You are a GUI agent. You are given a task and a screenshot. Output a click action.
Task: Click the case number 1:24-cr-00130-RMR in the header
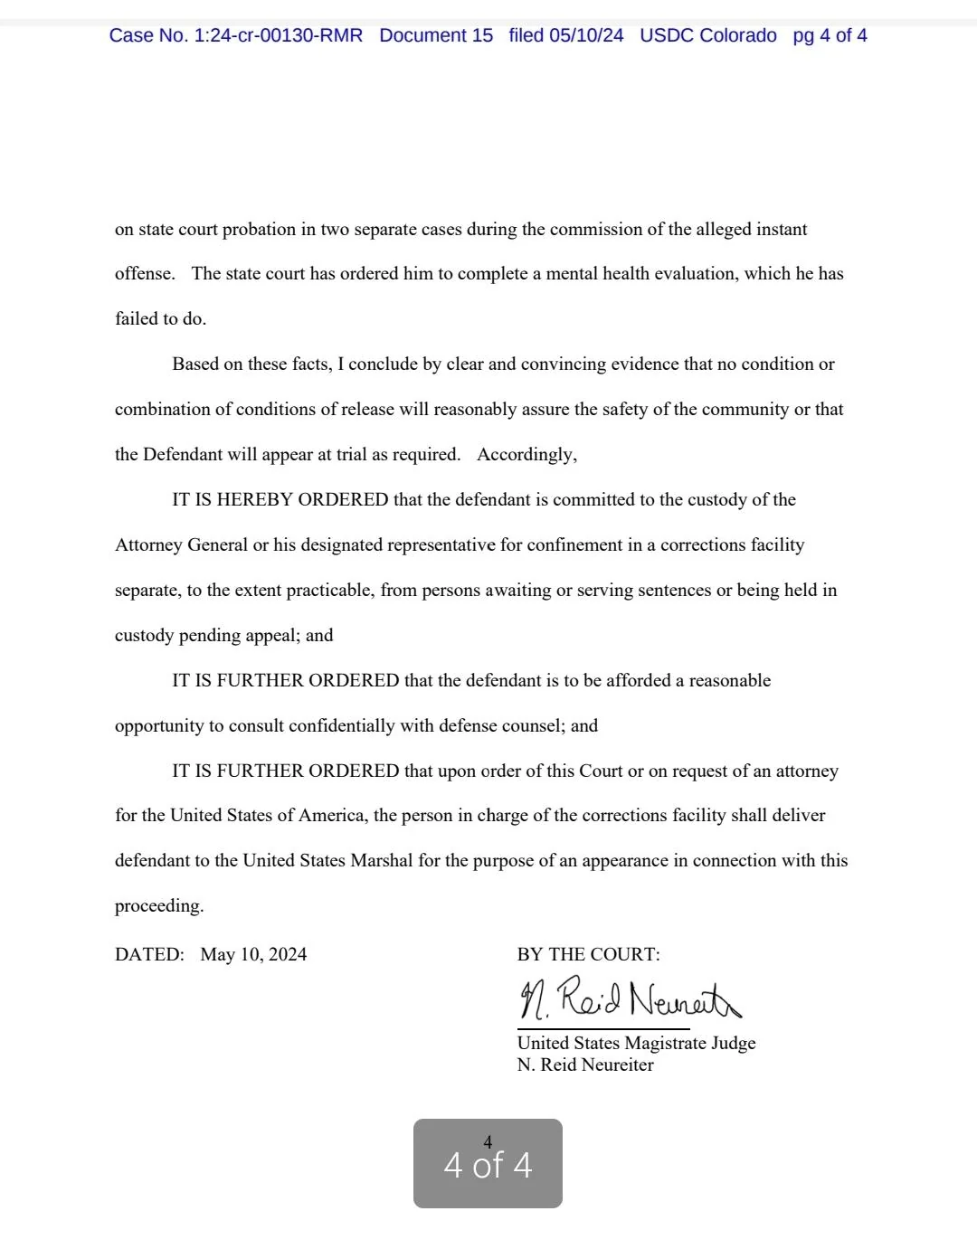pos(278,36)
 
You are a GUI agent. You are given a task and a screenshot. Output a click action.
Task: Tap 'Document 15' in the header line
pos(436,36)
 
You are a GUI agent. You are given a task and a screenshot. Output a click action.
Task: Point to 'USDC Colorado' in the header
pos(707,36)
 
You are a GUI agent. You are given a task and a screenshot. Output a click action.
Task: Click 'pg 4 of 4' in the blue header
pos(830,36)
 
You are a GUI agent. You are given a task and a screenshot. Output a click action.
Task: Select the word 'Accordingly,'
pos(526,455)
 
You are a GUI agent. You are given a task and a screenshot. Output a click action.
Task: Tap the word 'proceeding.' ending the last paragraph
pos(159,906)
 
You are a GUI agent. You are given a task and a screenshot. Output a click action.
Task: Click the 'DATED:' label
pos(149,955)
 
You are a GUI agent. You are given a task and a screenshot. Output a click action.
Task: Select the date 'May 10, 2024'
pos(253,955)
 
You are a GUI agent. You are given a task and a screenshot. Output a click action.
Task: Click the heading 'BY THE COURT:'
pos(588,955)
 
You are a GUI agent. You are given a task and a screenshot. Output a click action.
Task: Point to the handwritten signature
pos(629,999)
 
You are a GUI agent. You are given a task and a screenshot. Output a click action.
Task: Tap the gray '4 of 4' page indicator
pos(488,1164)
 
